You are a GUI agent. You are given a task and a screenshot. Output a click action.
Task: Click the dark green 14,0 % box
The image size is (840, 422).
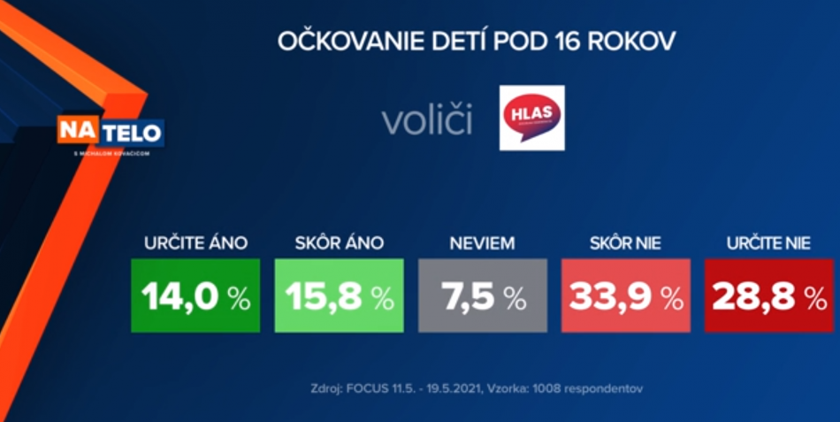195,295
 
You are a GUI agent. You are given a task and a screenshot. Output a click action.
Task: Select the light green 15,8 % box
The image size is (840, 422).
340,295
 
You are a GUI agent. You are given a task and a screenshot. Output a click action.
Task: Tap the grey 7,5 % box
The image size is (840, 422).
483,295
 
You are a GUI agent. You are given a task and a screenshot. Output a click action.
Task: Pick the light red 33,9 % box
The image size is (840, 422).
626,295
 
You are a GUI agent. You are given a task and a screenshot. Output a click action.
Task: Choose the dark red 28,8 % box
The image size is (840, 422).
768,295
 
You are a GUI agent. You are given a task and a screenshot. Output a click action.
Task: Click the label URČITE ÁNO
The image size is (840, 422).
195,243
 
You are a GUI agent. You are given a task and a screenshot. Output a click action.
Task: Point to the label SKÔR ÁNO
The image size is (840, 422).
340,243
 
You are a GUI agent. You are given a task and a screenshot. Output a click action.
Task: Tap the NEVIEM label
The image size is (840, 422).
483,243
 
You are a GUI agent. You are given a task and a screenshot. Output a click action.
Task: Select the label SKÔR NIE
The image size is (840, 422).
626,243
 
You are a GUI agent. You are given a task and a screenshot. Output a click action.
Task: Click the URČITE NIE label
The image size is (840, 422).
768,243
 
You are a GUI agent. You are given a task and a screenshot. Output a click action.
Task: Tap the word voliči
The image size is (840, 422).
427,121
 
